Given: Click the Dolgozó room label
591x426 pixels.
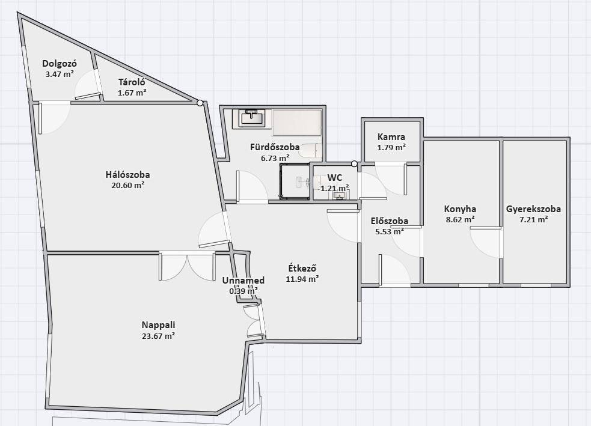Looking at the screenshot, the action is (60, 64).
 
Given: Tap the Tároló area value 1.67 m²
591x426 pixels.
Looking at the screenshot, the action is (132, 93).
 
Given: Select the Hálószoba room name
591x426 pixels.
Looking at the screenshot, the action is (128, 175).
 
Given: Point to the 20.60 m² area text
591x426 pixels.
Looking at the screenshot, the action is (128, 185).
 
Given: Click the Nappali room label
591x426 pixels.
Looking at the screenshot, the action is (158, 324).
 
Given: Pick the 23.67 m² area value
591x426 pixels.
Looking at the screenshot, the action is (158, 336).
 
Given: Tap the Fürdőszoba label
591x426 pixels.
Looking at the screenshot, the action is (275, 147).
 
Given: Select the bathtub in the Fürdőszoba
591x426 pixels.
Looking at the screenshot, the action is (298, 122).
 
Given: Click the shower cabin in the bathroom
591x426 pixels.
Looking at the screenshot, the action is (294, 181).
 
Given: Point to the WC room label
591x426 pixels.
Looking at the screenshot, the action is (335, 177).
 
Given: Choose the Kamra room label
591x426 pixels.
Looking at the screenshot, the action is (391, 137).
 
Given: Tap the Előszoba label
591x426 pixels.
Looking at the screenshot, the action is (390, 221).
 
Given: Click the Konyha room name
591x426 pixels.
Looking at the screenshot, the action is (460, 209).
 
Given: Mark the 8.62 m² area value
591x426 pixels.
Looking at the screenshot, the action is (460, 219).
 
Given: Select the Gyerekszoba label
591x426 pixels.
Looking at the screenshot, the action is (533, 209).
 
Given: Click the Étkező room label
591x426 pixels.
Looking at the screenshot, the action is (302, 269).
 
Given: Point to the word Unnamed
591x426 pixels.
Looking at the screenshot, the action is (243, 281).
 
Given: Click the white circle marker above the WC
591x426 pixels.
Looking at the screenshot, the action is (354, 164).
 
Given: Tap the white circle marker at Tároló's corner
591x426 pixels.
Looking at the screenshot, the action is (200, 103).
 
